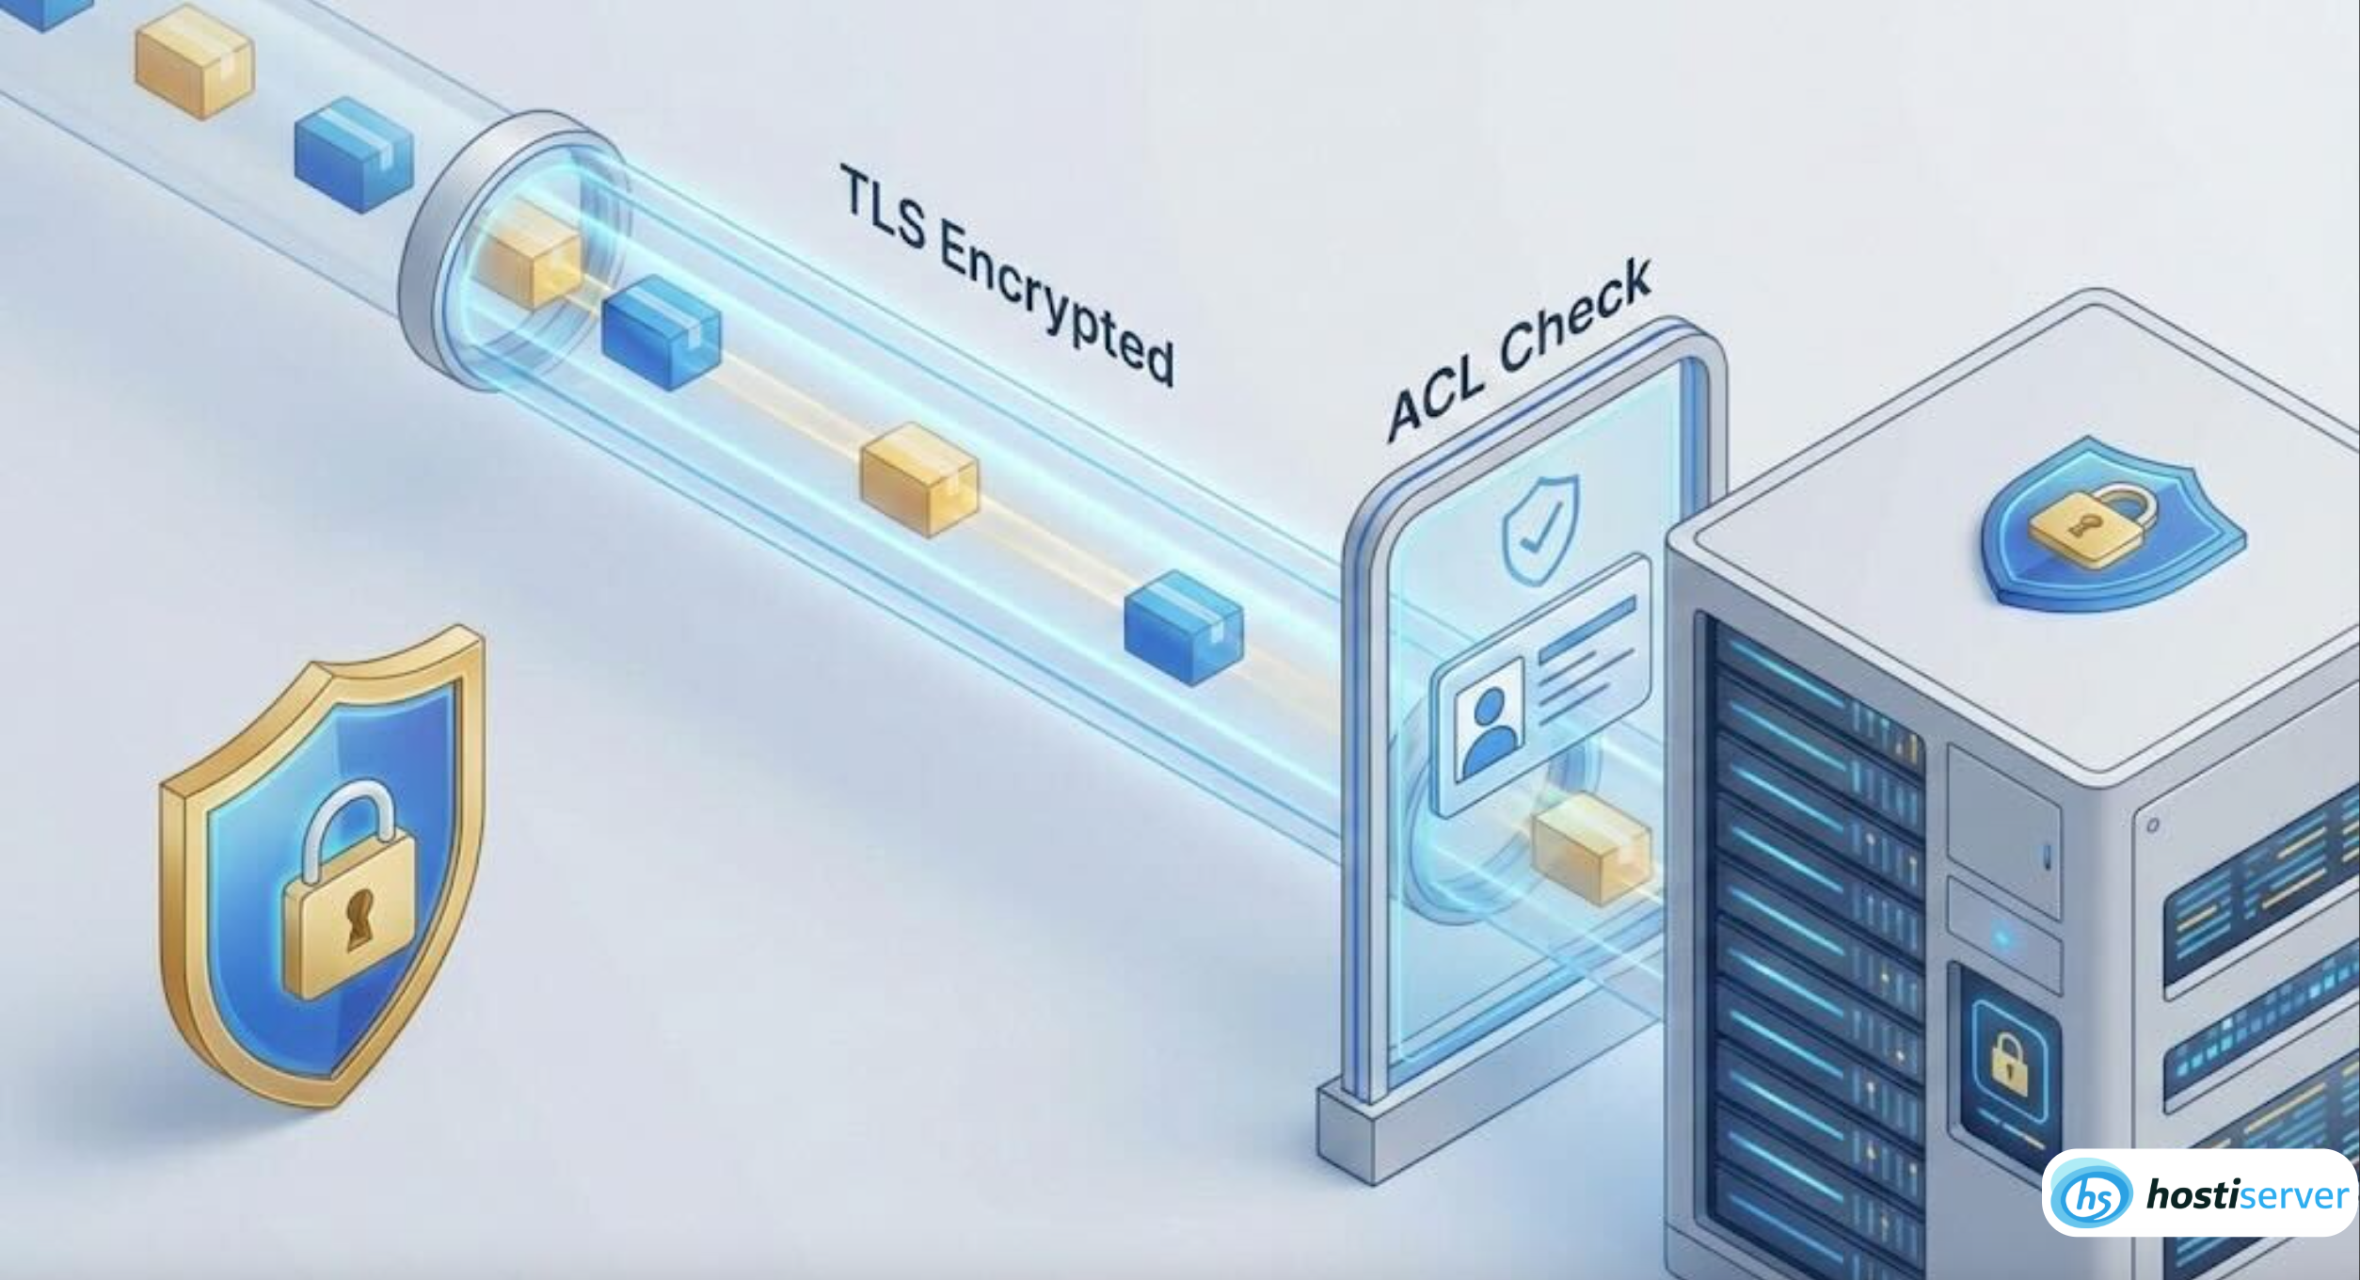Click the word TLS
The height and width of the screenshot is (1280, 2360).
click(x=883, y=209)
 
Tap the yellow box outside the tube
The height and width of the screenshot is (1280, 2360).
click(x=194, y=60)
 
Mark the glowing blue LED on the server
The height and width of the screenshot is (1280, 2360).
click(x=2003, y=938)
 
